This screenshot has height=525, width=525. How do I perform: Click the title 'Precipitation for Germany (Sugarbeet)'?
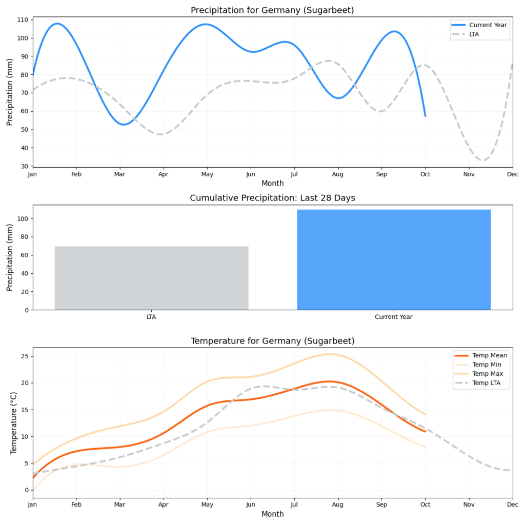click(272, 10)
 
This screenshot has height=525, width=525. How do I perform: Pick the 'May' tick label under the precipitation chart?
click(207, 174)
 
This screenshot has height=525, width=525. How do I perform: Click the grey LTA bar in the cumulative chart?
click(151, 278)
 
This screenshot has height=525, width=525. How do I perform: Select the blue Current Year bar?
click(394, 259)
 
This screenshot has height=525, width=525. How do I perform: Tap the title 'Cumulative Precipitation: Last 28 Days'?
click(272, 198)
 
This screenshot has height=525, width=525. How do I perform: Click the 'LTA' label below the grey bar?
click(151, 317)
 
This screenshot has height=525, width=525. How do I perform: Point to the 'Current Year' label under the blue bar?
click(394, 317)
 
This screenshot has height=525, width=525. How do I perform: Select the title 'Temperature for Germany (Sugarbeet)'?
click(272, 341)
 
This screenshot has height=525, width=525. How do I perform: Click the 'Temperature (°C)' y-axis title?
click(14, 422)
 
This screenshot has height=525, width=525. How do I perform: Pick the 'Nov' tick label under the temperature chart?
click(469, 506)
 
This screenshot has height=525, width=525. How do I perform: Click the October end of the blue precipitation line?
click(425, 116)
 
